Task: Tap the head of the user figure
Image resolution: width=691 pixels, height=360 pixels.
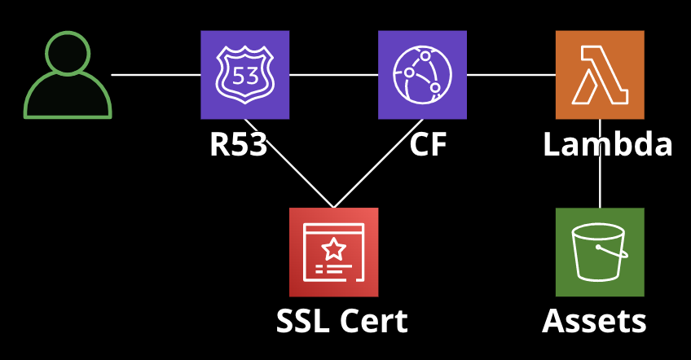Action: [68, 53]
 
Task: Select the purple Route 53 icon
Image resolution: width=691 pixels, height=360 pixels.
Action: [244, 74]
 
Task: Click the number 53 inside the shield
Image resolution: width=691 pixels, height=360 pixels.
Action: [244, 77]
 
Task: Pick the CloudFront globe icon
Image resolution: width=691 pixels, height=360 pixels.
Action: [422, 74]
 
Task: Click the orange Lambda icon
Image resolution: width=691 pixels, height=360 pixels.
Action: [600, 74]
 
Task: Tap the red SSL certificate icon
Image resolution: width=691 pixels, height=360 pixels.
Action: [333, 252]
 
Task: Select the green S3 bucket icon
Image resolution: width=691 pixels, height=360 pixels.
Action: [600, 252]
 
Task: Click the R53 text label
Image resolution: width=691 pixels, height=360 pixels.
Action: [238, 145]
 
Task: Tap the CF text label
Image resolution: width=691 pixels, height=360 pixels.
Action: [428, 145]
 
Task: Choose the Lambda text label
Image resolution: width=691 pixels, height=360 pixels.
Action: [608, 145]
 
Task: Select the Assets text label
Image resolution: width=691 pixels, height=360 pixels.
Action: [594, 322]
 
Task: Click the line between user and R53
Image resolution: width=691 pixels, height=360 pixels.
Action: [155, 75]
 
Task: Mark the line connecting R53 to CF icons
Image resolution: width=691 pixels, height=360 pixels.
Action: [333, 75]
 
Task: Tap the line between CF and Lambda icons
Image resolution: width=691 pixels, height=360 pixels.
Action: [511, 75]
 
